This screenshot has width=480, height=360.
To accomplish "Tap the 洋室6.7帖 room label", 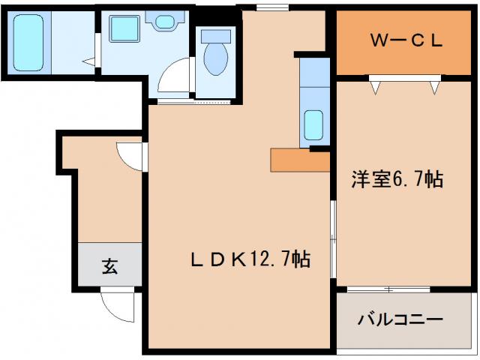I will point(397,179).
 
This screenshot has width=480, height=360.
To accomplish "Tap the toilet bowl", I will point(217,58).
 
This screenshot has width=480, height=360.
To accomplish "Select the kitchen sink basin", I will point(314,124).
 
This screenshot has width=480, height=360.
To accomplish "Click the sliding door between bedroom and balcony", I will point(388,289).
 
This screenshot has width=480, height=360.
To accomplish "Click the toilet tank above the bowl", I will point(217,34).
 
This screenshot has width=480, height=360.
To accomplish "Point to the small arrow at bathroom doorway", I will point(88,61).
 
